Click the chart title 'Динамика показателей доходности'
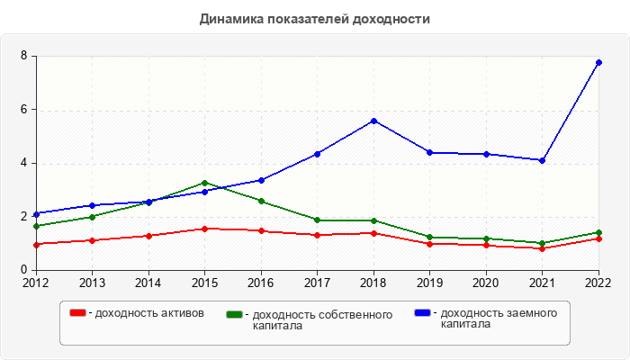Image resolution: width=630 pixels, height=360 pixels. point(314,18)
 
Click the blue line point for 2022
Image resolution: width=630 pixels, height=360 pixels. point(598,62)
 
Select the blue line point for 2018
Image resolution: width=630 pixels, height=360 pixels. point(373,121)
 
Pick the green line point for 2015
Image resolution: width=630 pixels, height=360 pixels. point(204,183)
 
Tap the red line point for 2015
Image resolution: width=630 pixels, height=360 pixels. point(204,229)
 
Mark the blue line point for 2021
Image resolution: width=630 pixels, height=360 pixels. point(543,160)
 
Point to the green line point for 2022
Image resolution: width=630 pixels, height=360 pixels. point(598,232)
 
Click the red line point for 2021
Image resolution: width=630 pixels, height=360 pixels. point(543,248)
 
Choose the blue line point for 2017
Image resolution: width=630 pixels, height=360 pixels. point(317,154)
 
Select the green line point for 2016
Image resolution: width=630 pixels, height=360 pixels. point(261,201)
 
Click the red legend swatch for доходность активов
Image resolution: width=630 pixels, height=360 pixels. point(78,312)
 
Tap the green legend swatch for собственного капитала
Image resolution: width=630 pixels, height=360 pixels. point(235,314)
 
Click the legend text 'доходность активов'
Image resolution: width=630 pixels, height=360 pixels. point(150,313)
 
